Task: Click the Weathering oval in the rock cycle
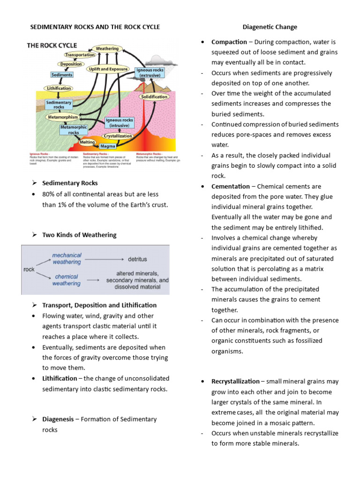pyautogui.click(x=107, y=48)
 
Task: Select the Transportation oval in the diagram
pyautogui.click(x=80, y=55)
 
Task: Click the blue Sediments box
pyautogui.click(x=62, y=75)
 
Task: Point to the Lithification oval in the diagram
pyautogui.click(x=59, y=88)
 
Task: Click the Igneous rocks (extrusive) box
pyautogui.click(x=149, y=72)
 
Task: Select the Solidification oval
pyautogui.click(x=154, y=97)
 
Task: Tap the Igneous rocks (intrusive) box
pyautogui.click(x=120, y=123)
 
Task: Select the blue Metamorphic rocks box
pyautogui.click(x=74, y=129)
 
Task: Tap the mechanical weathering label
pyautogui.click(x=66, y=259)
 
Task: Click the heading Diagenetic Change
pyautogui.click(x=270, y=27)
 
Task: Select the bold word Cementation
pyautogui.click(x=231, y=186)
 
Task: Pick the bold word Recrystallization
pyautogui.click(x=235, y=381)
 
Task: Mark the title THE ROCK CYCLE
pyautogui.click(x=52, y=45)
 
